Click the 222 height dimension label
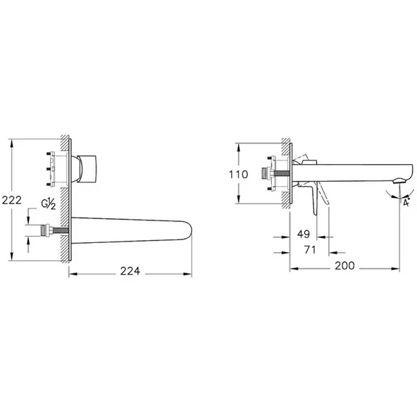click(x=12, y=200)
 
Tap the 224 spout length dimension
click(x=130, y=271)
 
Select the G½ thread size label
click(x=49, y=204)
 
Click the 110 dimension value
click(x=239, y=175)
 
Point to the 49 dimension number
click(x=304, y=234)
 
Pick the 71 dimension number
click(x=310, y=250)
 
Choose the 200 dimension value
click(x=344, y=266)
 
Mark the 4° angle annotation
click(x=406, y=202)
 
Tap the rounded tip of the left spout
click(x=188, y=230)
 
